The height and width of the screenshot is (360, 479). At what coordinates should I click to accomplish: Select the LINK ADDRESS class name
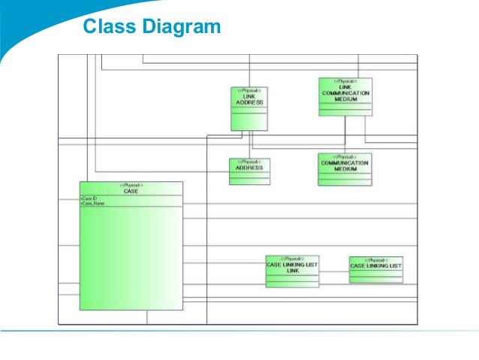(249, 98)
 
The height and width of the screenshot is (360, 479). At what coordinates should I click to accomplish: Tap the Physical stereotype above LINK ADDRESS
(249, 90)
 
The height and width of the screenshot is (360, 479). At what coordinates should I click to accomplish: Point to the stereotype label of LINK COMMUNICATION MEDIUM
(345, 80)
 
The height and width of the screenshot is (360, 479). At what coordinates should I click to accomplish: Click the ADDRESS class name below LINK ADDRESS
(249, 168)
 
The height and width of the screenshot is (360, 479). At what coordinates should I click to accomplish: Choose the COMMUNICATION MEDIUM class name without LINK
(345, 165)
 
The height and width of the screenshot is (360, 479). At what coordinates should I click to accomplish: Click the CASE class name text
(131, 191)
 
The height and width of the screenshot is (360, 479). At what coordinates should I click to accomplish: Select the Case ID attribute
(89, 198)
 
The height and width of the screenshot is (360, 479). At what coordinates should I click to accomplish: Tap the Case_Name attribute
(92, 204)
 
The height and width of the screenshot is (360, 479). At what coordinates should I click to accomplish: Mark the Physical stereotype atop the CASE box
(131, 185)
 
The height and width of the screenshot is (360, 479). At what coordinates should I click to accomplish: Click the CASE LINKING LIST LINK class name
(292, 268)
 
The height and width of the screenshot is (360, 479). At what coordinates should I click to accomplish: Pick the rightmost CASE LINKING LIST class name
(375, 266)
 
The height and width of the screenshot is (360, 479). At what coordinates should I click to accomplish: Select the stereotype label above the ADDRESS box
(249, 162)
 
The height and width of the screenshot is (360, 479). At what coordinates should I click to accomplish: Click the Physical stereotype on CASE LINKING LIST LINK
(292, 259)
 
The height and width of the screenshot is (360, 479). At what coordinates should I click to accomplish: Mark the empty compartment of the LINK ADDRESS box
(249, 120)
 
